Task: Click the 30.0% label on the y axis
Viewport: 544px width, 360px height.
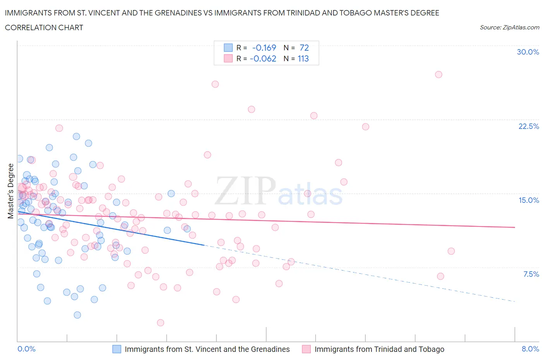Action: click(528, 52)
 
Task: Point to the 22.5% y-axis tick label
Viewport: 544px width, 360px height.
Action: click(529, 126)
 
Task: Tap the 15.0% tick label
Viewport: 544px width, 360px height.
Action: click(529, 200)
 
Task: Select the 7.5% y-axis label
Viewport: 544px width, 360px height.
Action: click(531, 274)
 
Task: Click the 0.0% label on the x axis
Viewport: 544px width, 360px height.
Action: click(26, 349)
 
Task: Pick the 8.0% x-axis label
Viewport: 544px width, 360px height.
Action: click(530, 349)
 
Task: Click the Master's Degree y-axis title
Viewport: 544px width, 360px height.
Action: click(10, 191)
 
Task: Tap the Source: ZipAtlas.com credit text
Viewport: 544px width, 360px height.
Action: click(509, 27)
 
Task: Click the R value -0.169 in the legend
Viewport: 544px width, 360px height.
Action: click(264, 48)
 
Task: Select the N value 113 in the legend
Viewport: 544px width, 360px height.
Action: click(303, 58)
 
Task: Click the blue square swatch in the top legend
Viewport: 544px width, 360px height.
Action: click(228, 48)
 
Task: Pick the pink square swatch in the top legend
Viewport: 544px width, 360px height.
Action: click(228, 58)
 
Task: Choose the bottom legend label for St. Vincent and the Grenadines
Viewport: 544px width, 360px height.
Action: click(207, 349)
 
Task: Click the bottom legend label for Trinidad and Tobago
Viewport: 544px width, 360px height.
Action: click(379, 349)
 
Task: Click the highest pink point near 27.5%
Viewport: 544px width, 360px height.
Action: click(438, 74)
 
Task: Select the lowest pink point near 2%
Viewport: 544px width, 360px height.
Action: click(161, 322)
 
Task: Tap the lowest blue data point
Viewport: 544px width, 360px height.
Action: click(77, 315)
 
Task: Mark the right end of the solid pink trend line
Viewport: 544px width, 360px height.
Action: click(515, 227)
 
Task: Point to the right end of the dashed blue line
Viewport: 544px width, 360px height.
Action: click(515, 301)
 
